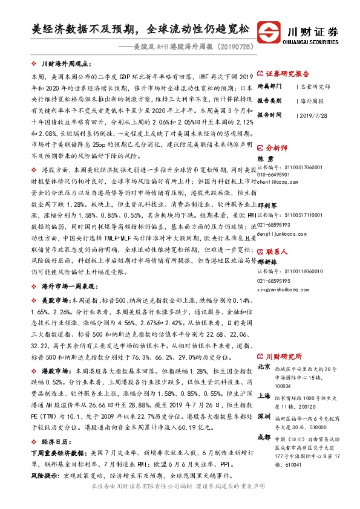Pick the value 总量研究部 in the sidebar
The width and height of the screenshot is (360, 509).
point(314,86)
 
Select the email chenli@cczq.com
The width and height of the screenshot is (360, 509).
point(277,180)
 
